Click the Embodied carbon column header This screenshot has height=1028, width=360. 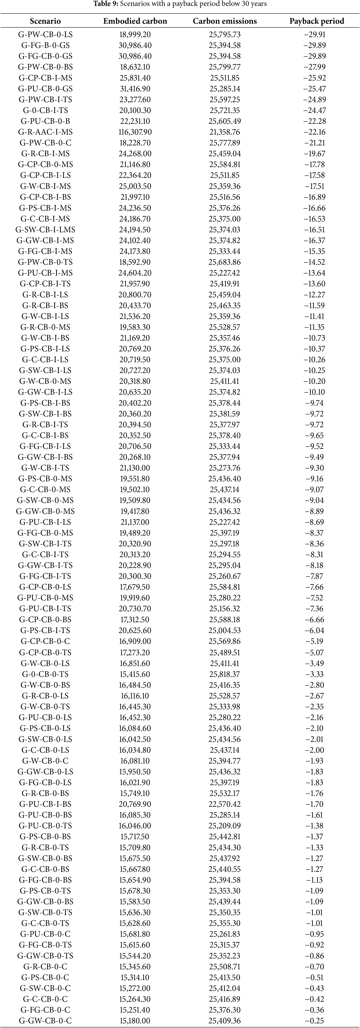click(x=135, y=21)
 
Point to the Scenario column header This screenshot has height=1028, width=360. click(x=45, y=21)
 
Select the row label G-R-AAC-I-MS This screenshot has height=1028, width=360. click(x=45, y=132)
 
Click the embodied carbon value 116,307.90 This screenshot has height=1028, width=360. click(x=135, y=132)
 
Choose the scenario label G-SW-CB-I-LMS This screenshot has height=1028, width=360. click(x=45, y=229)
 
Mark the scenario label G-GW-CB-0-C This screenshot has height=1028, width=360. click(x=45, y=1020)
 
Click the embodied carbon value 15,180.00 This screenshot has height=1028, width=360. click(x=135, y=1020)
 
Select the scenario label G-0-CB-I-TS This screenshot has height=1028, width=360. click(x=45, y=110)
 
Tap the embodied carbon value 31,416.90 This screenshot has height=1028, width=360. click(x=135, y=89)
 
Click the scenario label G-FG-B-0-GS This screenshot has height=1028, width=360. click(x=45, y=45)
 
